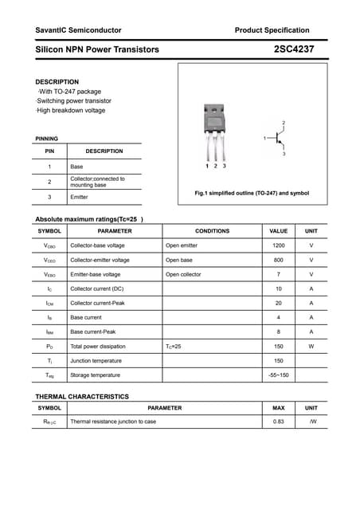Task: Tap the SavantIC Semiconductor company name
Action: point(78,30)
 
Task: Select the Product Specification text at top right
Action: point(272,30)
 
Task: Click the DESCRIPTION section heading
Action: point(57,82)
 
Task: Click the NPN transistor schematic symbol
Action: point(276,139)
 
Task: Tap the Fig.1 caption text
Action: point(252,194)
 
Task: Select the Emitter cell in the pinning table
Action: point(79,197)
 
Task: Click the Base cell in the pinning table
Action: point(76,166)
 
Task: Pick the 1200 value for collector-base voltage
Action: point(279,245)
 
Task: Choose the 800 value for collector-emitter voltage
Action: point(279,260)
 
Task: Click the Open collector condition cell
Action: point(183,274)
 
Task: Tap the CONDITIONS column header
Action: point(212,231)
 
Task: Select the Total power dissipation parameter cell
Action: point(98,346)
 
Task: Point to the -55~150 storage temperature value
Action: point(279,375)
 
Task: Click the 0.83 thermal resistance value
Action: point(279,422)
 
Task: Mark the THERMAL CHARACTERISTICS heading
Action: point(82,396)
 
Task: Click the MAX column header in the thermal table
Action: point(279,408)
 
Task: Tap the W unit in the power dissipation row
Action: point(311,346)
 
